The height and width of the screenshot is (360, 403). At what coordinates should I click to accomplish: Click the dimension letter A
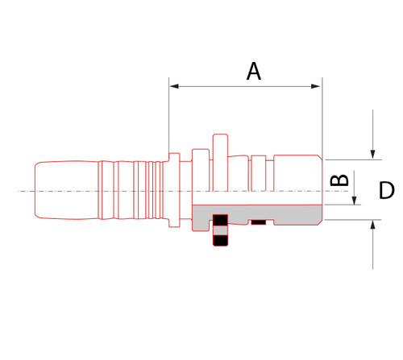[253, 72]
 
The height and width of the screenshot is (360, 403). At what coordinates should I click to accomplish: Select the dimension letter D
[386, 191]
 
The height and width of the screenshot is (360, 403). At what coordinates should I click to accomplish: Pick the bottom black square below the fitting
[220, 239]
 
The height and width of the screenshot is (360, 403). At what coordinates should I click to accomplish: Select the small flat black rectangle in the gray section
[259, 221]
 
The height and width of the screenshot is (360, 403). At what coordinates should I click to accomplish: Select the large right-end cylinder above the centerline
[298, 173]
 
